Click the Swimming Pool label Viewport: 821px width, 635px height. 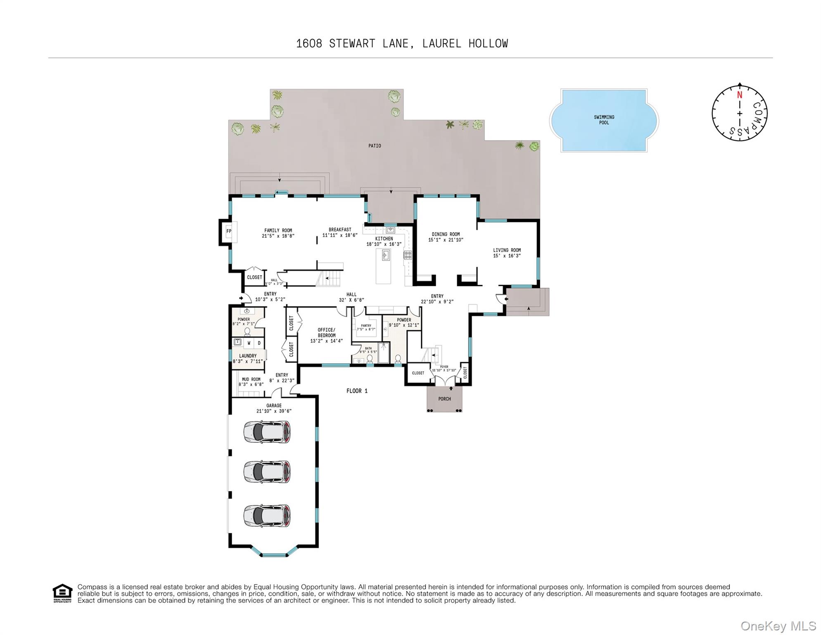(604, 120)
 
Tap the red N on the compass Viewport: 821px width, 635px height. (740, 95)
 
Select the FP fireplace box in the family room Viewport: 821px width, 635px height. (229, 231)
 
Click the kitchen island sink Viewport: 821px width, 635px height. (386, 255)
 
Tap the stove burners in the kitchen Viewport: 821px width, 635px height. (408, 255)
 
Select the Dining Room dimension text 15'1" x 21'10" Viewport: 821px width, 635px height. (446, 240)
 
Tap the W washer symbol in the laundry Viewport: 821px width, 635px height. (249, 343)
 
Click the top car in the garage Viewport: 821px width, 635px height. (267, 432)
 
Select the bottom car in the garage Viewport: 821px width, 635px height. (267, 516)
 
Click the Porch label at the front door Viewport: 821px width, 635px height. (444, 399)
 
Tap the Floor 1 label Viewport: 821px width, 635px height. (357, 391)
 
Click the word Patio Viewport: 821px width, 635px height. (375, 146)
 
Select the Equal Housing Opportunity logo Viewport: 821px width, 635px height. (62, 593)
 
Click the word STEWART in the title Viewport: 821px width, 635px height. (352, 43)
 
